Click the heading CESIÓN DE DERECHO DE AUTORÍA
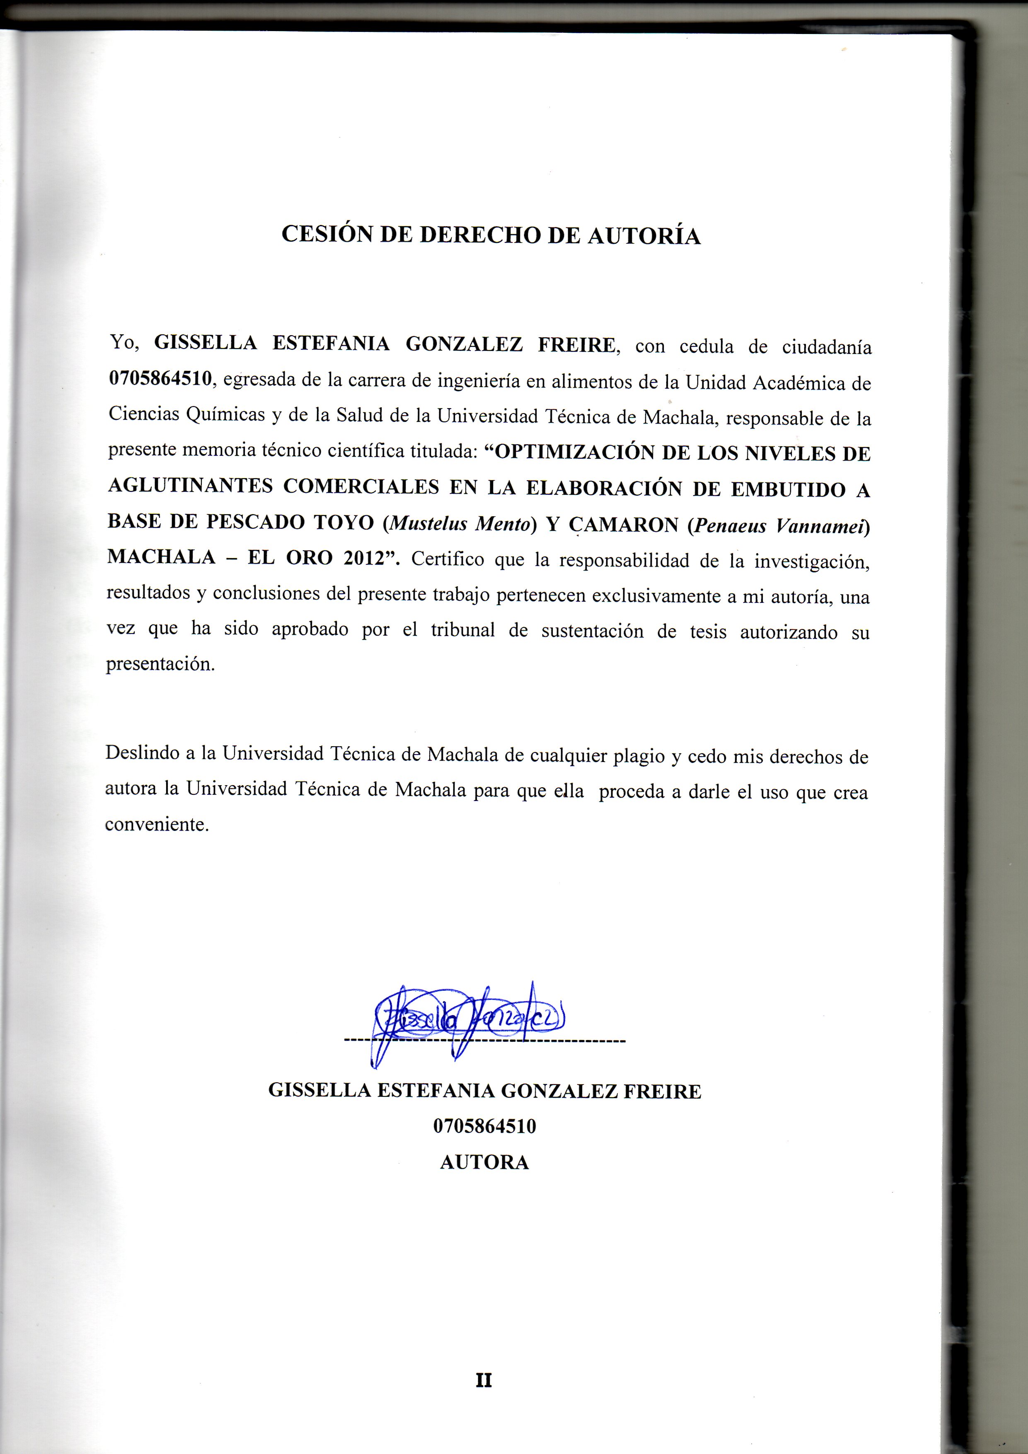491,235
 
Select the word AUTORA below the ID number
484,1163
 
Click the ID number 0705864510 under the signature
484,1127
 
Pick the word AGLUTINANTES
189,486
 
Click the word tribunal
462,630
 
